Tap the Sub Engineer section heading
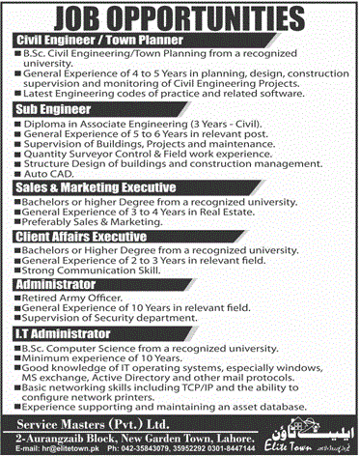pos(47,110)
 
